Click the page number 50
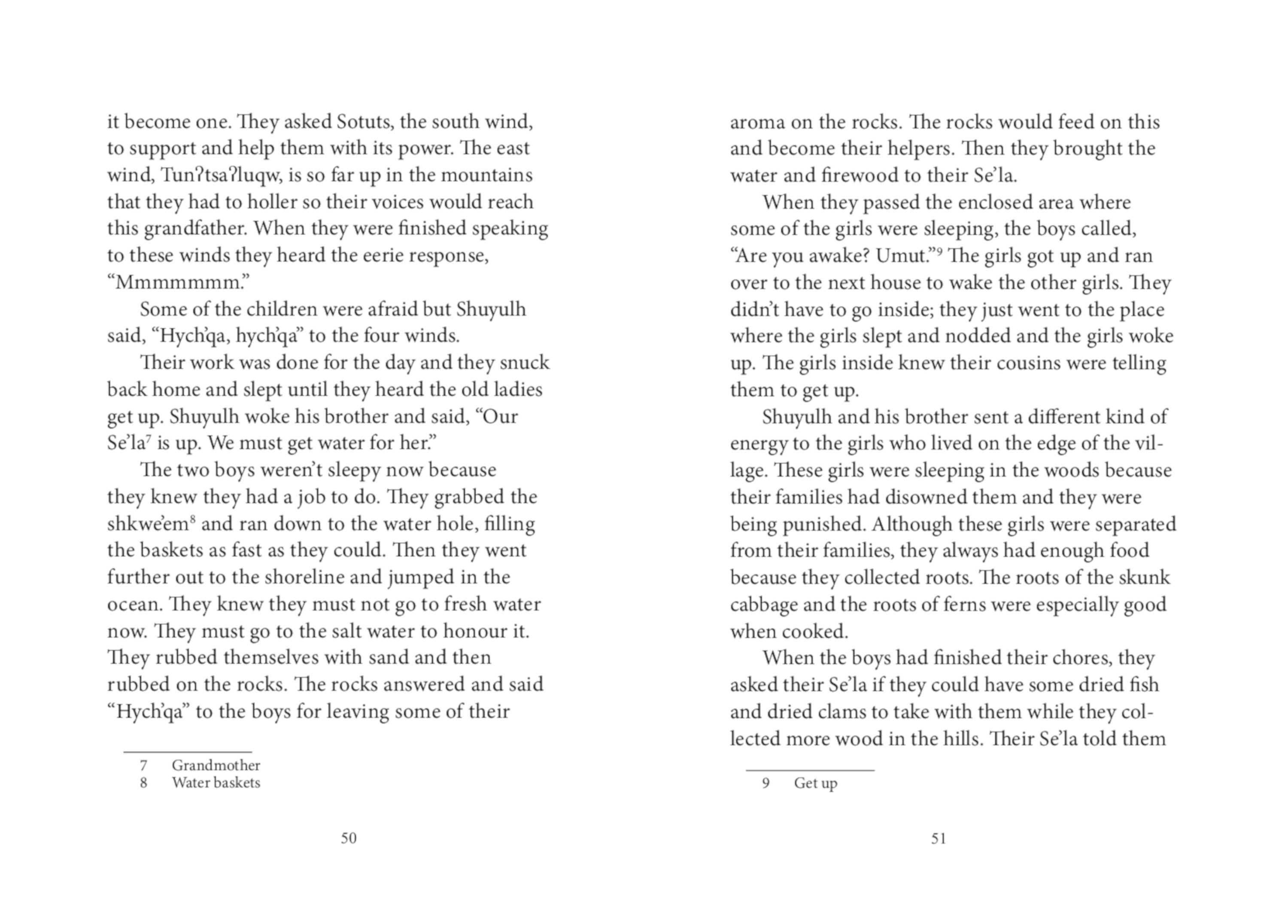click(x=348, y=838)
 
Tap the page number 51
click(x=939, y=838)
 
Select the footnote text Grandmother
click(x=216, y=765)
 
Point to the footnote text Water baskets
click(x=216, y=783)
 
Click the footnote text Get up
click(x=815, y=783)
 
